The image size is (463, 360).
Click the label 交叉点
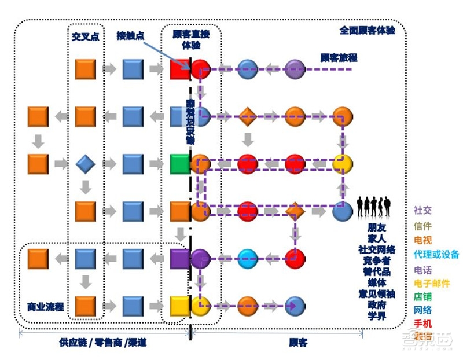coord(85,36)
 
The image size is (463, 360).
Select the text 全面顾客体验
coord(367,30)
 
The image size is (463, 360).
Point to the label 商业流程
coord(45,306)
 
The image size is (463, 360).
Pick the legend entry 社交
coord(422,211)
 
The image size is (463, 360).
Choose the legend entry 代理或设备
coord(436,254)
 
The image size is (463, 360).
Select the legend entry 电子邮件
coord(432,284)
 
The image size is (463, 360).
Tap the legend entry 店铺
coord(422,297)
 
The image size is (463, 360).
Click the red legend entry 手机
coord(422,324)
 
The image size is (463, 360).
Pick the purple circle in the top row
coord(295,69)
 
